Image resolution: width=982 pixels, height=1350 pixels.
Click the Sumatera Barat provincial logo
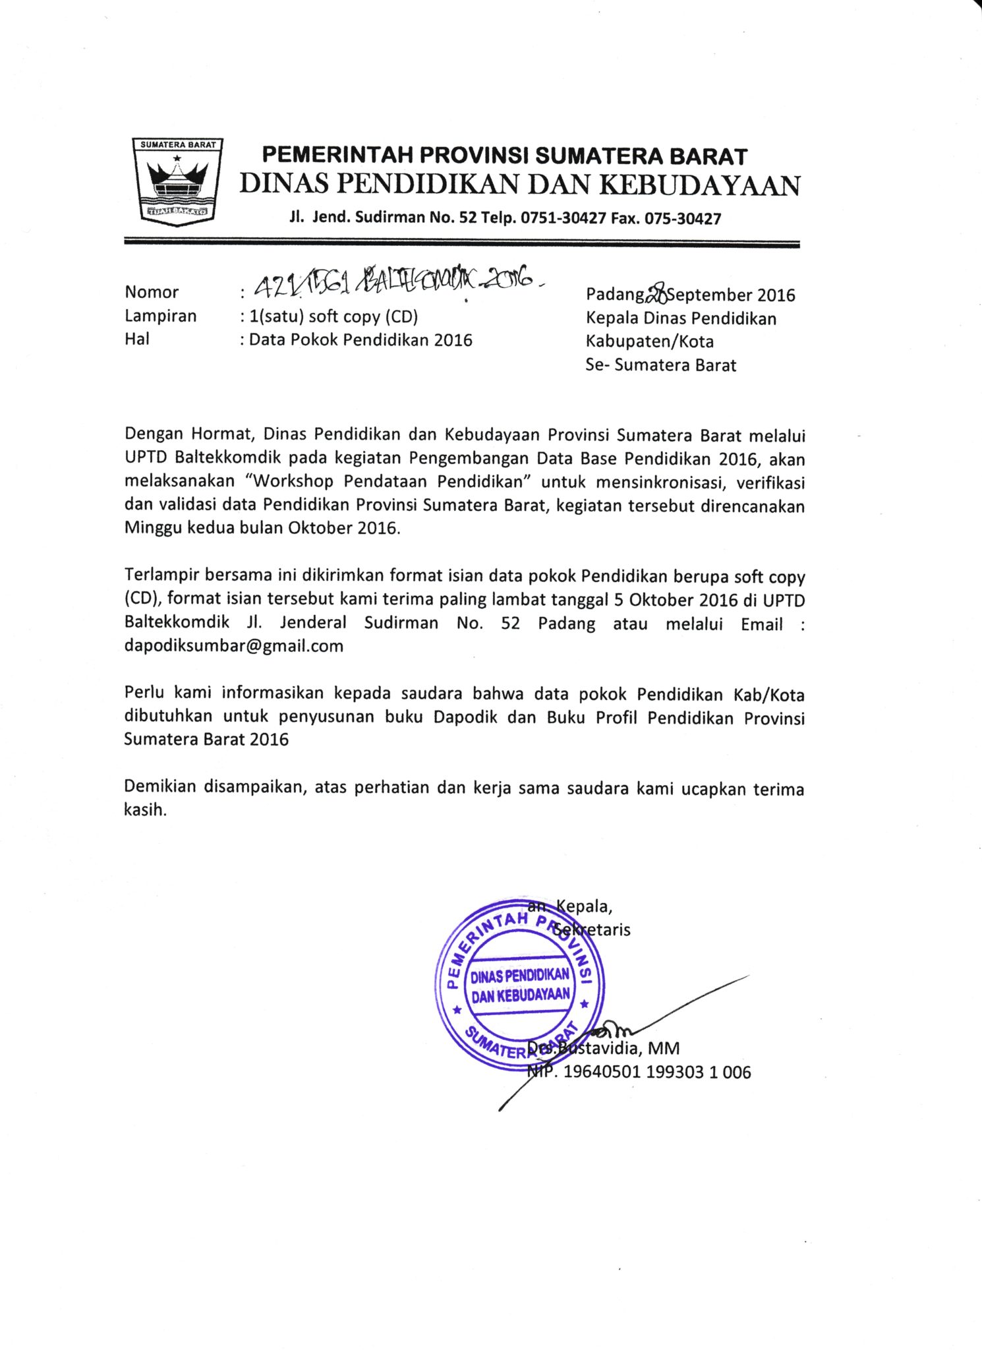click(x=177, y=182)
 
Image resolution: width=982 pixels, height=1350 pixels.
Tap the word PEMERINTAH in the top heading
click(x=338, y=156)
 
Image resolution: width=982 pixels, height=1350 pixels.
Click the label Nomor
click(x=152, y=292)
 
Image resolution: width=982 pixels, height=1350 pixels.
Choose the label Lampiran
click(x=161, y=316)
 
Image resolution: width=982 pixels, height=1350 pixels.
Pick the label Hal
click(x=137, y=339)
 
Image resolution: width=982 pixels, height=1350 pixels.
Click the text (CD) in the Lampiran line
click(x=400, y=317)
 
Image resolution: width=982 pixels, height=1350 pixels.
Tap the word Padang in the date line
click(x=615, y=294)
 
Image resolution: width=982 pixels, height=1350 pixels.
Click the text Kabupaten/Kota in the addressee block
click(x=649, y=341)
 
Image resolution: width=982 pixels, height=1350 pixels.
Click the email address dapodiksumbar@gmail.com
click(x=234, y=645)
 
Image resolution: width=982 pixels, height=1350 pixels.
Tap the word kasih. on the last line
click(x=146, y=809)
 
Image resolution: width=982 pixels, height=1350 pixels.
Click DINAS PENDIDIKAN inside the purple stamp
click(x=519, y=976)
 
